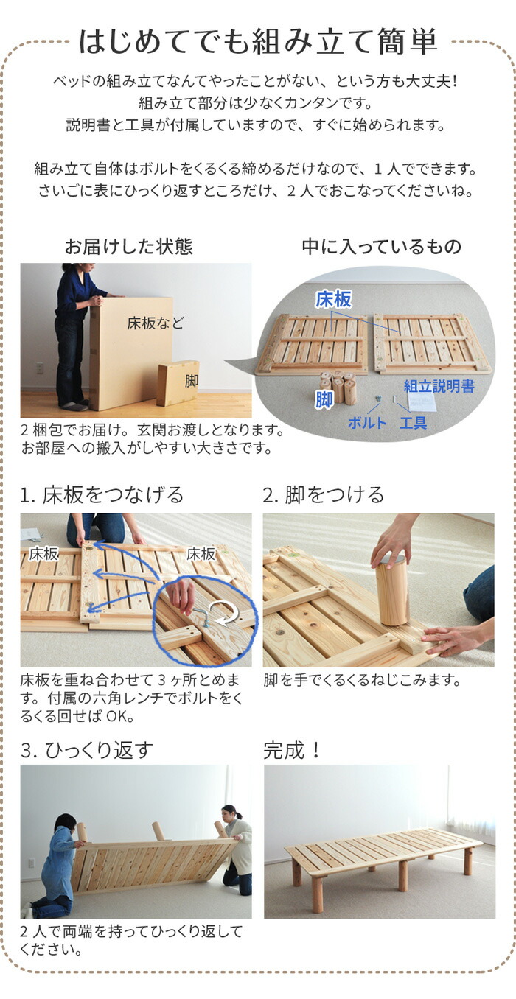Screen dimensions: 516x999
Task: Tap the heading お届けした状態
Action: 129,246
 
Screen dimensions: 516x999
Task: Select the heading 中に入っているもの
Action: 382,247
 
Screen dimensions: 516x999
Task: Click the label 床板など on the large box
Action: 156,323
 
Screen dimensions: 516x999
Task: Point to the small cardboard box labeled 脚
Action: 178,383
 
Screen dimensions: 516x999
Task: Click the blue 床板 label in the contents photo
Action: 333,299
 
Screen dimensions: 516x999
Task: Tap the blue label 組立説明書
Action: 439,386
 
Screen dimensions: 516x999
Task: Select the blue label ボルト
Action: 367,423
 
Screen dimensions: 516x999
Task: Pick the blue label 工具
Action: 413,423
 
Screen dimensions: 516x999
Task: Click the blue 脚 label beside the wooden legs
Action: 324,399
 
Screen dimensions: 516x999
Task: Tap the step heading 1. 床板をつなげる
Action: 102,495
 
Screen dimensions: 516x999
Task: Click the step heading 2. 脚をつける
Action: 323,495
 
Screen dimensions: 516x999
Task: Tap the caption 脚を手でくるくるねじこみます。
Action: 362,681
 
